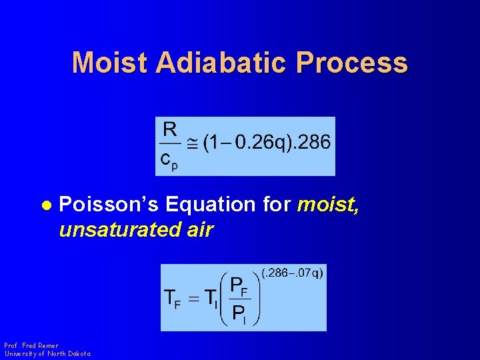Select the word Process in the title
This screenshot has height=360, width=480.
point(353,63)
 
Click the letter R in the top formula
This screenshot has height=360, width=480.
point(170,129)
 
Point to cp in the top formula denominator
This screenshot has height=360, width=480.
point(170,161)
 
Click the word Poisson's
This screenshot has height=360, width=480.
point(107,204)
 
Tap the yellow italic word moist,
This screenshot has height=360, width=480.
point(328,204)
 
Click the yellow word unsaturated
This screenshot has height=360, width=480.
point(117,230)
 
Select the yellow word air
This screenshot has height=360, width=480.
point(196,230)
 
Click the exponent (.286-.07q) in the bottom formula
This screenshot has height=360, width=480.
point(293,273)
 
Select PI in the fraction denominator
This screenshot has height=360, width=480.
point(239,313)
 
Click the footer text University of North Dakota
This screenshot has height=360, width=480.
point(47,353)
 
